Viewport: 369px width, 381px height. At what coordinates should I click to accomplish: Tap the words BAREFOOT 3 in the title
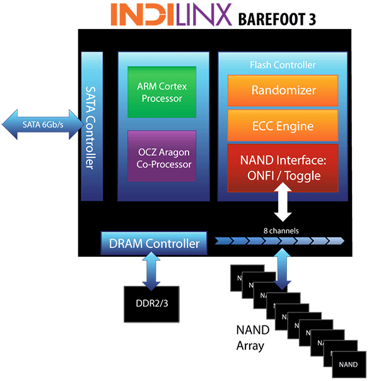pyautogui.click(x=276, y=18)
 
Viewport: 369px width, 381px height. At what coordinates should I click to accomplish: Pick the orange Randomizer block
pyautogui.click(x=283, y=90)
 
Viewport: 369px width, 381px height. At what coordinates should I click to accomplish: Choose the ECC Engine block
pyautogui.click(x=283, y=126)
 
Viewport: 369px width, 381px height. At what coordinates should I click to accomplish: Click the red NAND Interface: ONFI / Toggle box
pyautogui.click(x=283, y=168)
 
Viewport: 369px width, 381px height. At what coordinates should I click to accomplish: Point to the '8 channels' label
pyautogui.click(x=281, y=230)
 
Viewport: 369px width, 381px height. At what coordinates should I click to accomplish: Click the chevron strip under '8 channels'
pyautogui.click(x=279, y=240)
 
